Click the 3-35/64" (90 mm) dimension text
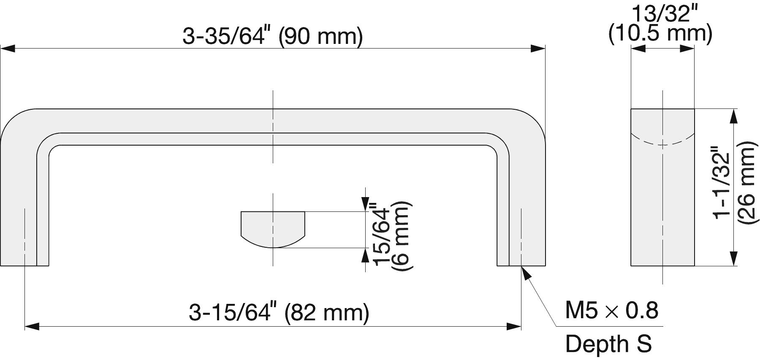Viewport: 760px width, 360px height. [x=272, y=36]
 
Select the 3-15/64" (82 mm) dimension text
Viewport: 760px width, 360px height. [x=279, y=313]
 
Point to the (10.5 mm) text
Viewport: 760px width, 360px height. [x=660, y=33]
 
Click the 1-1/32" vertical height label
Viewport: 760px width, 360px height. [x=722, y=182]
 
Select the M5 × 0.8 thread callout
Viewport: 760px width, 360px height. [x=611, y=311]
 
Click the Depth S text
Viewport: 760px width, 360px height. [x=608, y=344]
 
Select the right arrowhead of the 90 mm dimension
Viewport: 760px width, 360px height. [x=537, y=49]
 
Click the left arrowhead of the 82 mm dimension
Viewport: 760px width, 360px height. [x=32, y=326]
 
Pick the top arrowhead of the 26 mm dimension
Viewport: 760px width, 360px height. [x=733, y=116]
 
